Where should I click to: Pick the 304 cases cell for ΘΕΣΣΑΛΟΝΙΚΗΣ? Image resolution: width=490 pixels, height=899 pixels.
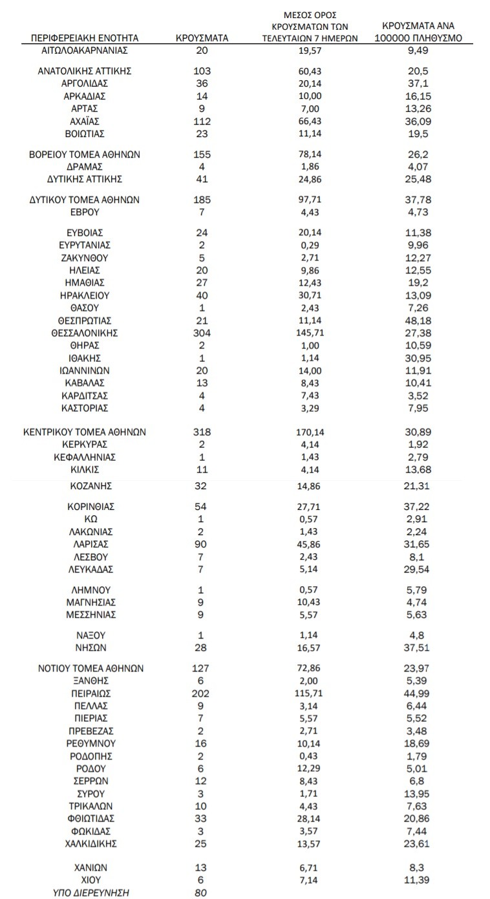(202, 333)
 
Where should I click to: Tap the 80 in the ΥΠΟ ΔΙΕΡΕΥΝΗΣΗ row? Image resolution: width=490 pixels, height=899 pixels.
(202, 893)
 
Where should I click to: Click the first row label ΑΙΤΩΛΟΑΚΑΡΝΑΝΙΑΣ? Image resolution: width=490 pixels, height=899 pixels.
(85, 50)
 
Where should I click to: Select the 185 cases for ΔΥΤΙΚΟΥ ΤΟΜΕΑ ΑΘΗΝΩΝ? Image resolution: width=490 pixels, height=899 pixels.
(202, 200)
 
